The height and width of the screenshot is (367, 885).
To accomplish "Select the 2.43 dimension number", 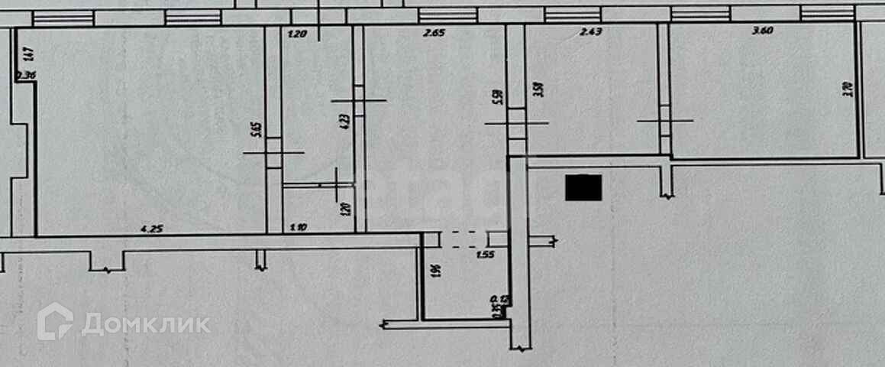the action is (x=591, y=32).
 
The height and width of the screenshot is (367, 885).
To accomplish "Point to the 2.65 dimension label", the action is (x=433, y=32).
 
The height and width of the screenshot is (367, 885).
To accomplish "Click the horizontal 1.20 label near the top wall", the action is (x=296, y=34).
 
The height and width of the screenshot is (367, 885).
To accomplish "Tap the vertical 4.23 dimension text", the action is (x=345, y=119).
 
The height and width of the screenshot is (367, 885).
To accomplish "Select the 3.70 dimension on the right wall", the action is (x=846, y=89).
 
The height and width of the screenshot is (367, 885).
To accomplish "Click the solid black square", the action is (x=583, y=187).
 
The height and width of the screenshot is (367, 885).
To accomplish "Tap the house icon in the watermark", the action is (x=55, y=322).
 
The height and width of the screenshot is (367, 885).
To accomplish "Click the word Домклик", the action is (x=146, y=324).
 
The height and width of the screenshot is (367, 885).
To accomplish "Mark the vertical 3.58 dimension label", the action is (x=539, y=89).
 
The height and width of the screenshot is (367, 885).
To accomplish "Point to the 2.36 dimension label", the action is (x=25, y=75).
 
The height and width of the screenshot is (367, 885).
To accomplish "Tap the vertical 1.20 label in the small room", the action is (x=344, y=208).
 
